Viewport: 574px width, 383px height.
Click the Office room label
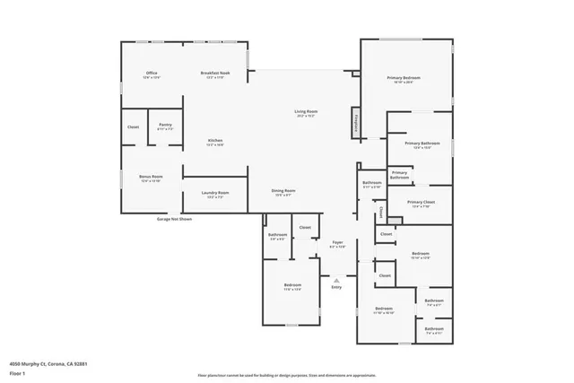(x=152, y=73)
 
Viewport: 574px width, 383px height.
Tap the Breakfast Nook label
(x=214, y=73)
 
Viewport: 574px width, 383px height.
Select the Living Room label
(x=307, y=112)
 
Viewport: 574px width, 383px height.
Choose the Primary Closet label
(x=421, y=204)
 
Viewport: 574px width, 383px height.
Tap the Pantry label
(x=165, y=126)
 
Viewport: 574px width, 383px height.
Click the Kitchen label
(x=215, y=141)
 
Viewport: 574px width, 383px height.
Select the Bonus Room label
(x=150, y=178)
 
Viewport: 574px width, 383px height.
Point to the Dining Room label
(x=283, y=192)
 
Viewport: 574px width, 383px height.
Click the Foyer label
(x=338, y=243)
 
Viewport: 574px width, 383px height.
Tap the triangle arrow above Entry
(x=336, y=279)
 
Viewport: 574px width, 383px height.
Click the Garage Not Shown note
(x=174, y=218)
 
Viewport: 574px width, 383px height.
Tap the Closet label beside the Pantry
(x=133, y=126)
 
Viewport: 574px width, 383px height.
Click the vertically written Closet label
(x=380, y=213)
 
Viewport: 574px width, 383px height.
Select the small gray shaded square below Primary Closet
(x=393, y=221)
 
